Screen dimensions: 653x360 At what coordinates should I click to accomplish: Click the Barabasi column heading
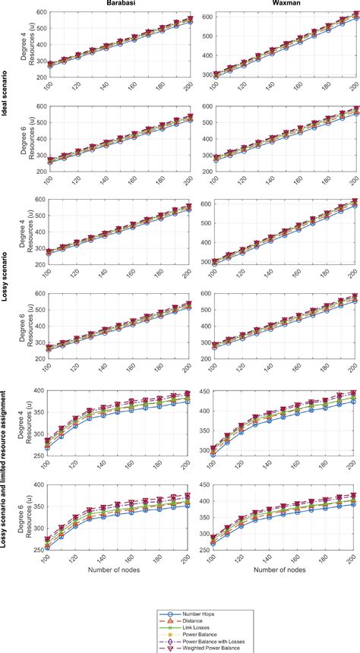point(122,5)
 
